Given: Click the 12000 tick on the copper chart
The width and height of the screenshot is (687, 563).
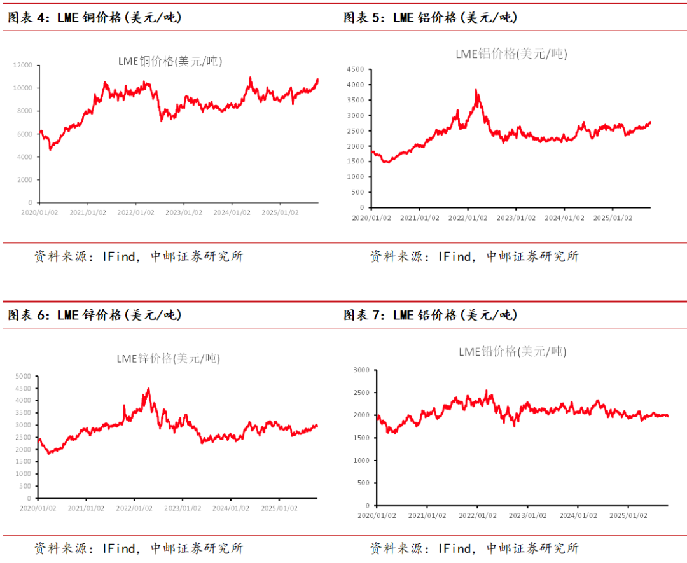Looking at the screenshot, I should pos(24,65).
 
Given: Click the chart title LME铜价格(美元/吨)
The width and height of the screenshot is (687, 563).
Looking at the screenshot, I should pos(170,61).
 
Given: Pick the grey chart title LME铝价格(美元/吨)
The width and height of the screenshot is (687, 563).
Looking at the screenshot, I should pos(511,54).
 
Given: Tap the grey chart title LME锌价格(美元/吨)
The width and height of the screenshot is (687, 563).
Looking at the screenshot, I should pos(168,358).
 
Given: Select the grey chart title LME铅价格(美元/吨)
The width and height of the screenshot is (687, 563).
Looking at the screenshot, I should pos(512,351).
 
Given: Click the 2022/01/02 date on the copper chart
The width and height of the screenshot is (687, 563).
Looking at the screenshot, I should pos(135,212).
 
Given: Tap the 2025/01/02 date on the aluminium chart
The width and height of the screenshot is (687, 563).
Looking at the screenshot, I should pos(613,218).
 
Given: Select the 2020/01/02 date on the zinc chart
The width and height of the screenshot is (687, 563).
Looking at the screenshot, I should pos(38,508).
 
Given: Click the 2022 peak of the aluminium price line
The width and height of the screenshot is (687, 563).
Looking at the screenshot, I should pos(476,90).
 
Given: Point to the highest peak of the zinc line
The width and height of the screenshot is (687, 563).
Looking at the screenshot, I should pos(148,388).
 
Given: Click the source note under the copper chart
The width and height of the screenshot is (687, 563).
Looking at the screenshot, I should pos(138,256).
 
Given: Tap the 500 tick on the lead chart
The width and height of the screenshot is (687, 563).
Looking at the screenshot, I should pos(363,483).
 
